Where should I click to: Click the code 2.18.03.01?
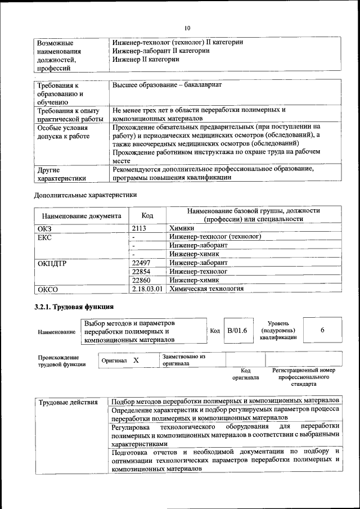tap(147, 289)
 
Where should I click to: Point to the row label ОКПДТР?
tap(52, 263)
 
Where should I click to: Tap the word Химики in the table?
tap(182, 228)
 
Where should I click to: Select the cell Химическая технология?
tap(206, 289)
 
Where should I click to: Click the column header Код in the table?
tap(147, 215)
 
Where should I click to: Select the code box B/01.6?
tap(237, 331)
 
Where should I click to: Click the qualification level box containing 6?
tap(322, 331)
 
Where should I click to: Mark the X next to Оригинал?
tap(136, 359)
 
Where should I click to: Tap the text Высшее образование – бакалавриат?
tap(167, 84)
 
